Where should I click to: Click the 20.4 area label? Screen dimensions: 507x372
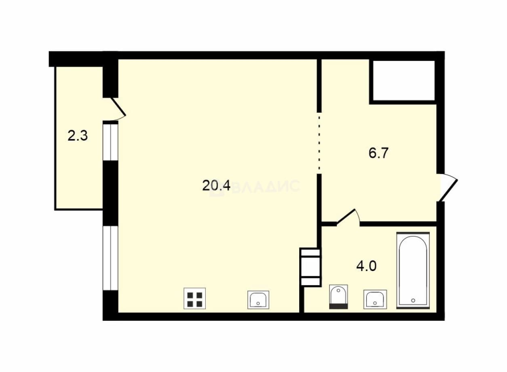point(216,185)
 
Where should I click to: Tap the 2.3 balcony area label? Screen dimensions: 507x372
point(78,136)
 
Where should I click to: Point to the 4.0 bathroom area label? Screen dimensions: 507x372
point(366,266)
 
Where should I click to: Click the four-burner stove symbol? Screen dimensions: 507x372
point(194,298)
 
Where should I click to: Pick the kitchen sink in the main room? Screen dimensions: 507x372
point(258,300)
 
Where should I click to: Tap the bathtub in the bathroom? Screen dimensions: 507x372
point(413,270)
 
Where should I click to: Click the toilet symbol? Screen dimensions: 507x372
point(338,297)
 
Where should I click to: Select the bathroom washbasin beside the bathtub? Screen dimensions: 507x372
point(375,299)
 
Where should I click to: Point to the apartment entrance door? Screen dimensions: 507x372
point(448,187)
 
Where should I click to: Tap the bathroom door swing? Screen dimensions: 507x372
point(348,217)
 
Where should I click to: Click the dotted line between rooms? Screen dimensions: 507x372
point(319,143)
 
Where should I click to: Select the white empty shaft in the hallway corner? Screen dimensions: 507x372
point(404,80)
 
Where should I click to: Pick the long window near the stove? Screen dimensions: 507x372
point(110,258)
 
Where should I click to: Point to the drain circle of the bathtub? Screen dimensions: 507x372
point(413,301)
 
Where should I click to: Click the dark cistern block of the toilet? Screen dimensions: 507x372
point(338,306)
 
